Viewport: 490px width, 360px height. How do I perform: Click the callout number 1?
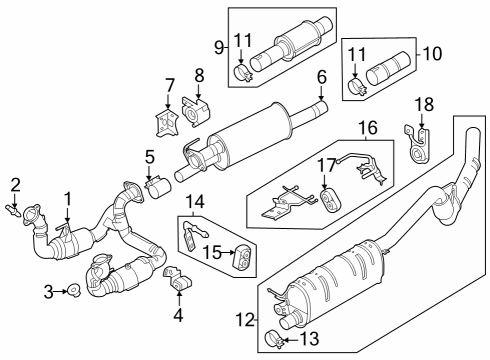point(67,197)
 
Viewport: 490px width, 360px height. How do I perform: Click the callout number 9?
point(219,46)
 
